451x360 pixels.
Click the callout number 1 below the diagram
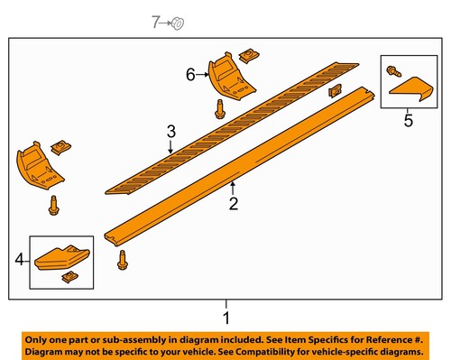tap(226, 318)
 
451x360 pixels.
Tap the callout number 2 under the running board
tap(233, 204)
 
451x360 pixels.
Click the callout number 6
tap(190, 75)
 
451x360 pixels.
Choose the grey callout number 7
tap(154, 21)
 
